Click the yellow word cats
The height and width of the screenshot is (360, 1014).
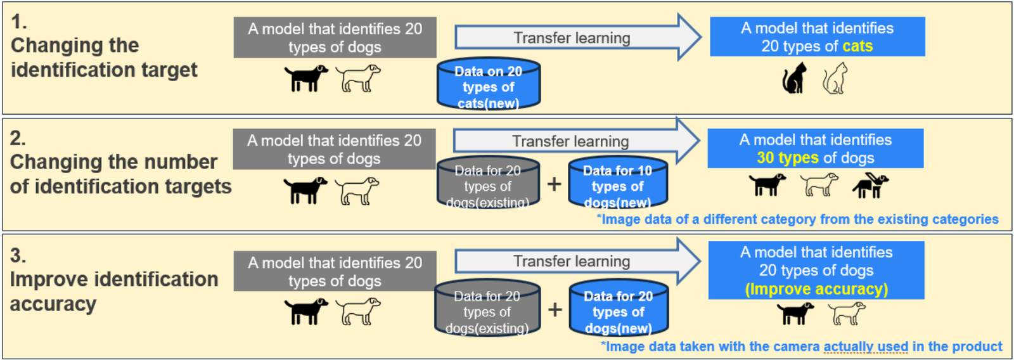[857, 46]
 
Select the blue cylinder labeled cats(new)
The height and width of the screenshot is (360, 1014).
[489, 84]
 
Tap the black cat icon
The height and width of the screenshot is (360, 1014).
[795, 79]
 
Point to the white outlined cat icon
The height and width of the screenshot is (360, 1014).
[835, 79]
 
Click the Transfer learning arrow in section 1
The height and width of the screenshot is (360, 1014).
[578, 37]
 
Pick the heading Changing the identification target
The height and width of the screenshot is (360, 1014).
[104, 58]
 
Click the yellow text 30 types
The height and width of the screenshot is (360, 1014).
[788, 158]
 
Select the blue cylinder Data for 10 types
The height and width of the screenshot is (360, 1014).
[618, 183]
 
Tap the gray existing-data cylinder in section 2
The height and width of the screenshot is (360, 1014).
[488, 183]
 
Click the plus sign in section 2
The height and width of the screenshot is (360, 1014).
[554, 184]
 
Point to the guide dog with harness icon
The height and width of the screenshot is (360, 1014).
[870, 185]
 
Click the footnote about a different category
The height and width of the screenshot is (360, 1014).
[798, 220]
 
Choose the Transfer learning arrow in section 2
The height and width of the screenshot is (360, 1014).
[577, 141]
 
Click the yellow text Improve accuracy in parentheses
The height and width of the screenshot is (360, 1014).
[816, 289]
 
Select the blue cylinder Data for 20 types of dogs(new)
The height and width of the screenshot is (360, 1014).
[619, 308]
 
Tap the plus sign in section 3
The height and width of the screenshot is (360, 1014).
[555, 310]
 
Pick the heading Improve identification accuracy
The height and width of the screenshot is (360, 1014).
[114, 292]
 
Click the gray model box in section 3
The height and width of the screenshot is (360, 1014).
[335, 271]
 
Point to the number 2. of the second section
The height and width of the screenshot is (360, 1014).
[18, 138]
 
